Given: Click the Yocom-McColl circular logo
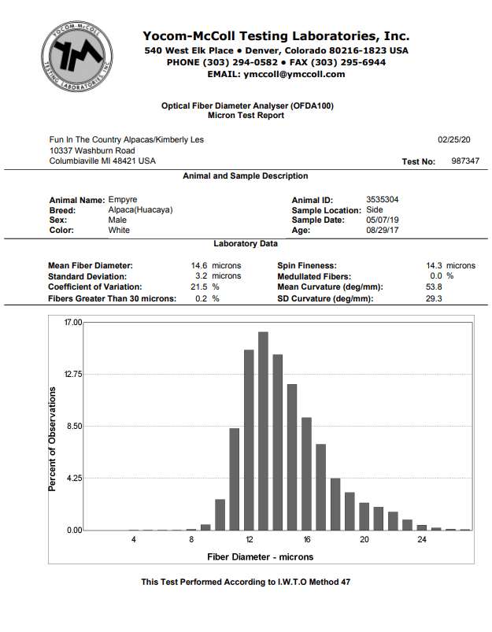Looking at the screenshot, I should tap(77, 54).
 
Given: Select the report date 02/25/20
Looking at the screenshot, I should tap(454, 139).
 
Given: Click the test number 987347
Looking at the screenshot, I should tap(465, 161).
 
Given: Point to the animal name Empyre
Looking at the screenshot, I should tap(122, 200).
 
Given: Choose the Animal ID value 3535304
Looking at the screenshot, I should tap(383, 200).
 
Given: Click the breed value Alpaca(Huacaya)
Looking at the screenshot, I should tap(140, 210).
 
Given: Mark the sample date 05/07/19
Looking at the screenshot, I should tap(383, 220).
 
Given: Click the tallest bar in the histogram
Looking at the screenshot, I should tap(263, 431).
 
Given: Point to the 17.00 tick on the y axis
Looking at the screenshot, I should tap(72, 323).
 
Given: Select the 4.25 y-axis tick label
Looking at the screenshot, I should tap(73, 479).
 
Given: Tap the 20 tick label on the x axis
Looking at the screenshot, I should tap(364, 540).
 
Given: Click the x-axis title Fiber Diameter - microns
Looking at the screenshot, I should tap(261, 557).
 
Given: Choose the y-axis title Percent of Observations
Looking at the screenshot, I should tap(53, 439).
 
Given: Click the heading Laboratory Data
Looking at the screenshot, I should tap(246, 244).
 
